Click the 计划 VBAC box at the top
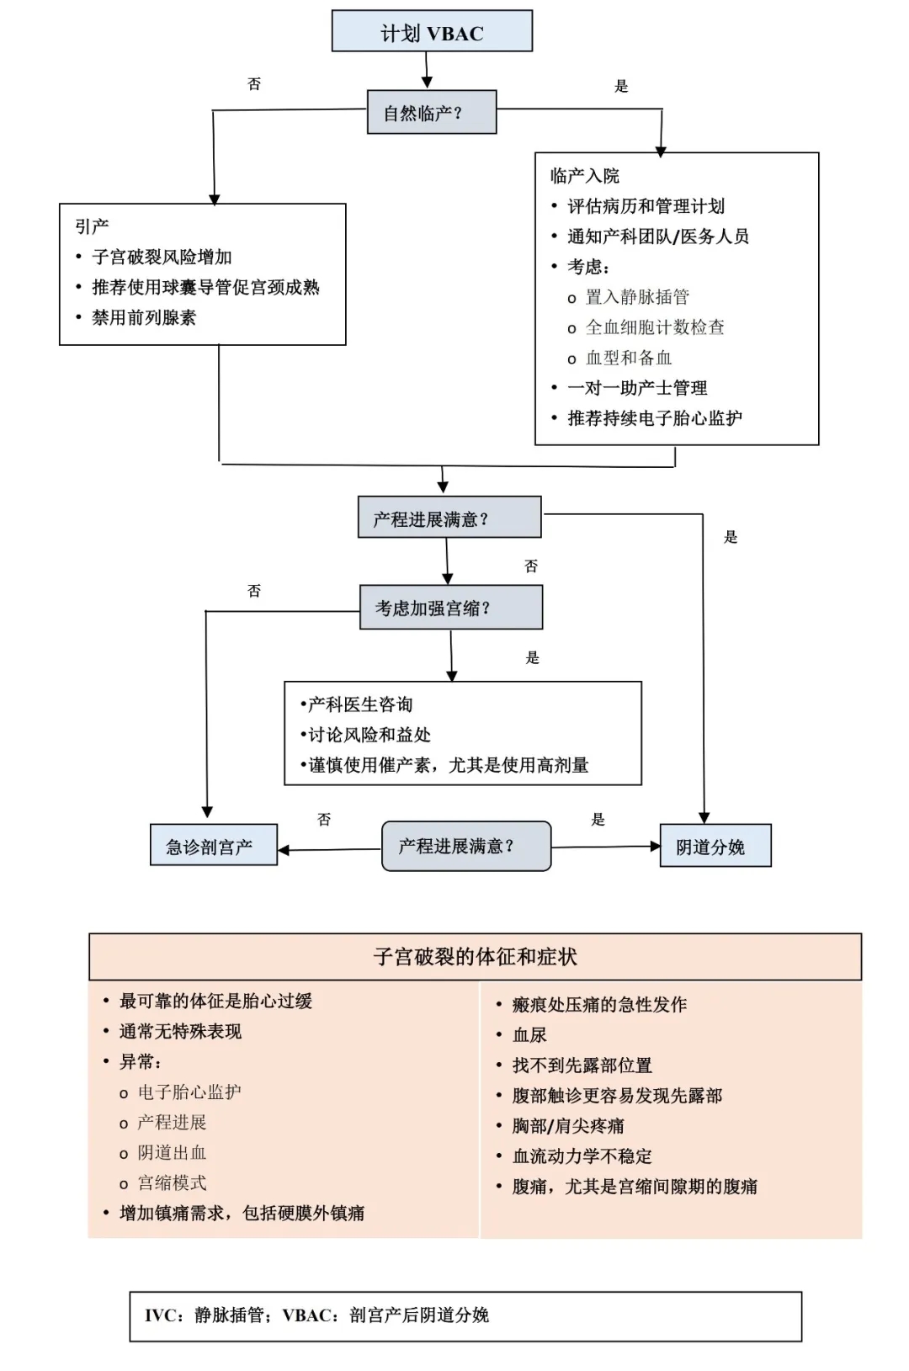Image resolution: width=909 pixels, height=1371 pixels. (x=432, y=30)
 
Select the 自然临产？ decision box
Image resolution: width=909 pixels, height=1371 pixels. (x=432, y=112)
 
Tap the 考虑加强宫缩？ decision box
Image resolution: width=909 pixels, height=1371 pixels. (x=451, y=607)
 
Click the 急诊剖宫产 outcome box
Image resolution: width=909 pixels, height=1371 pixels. (x=214, y=845)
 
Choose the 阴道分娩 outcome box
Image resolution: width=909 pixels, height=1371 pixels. (x=715, y=845)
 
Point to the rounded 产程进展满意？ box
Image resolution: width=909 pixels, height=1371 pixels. (x=466, y=846)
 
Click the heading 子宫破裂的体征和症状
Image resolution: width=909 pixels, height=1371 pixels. (x=475, y=957)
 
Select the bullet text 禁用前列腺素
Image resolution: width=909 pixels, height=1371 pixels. (x=144, y=317)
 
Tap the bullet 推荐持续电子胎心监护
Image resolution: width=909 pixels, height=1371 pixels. (x=655, y=418)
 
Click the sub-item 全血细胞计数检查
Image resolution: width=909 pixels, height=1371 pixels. (x=655, y=327)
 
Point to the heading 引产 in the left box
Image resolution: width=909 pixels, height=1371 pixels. (x=92, y=226)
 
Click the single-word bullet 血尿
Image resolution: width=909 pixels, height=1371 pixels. (x=529, y=1035)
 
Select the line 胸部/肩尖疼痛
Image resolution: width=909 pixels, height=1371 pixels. (x=568, y=1125)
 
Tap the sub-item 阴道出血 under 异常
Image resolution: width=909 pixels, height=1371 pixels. (x=172, y=1152)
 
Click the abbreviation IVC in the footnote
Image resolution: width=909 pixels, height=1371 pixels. (x=159, y=1315)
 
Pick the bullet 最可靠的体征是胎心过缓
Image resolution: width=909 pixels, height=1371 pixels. (x=216, y=1002)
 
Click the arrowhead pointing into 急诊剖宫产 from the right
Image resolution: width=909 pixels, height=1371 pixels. (x=284, y=850)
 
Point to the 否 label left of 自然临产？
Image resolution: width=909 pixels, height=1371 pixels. (x=254, y=84)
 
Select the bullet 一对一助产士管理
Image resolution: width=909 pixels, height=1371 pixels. (x=637, y=387)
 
